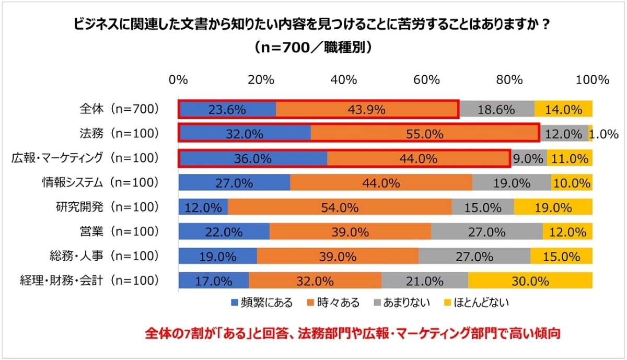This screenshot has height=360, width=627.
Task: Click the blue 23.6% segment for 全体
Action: click(227, 110)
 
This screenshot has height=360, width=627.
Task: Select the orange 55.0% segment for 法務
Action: click(425, 134)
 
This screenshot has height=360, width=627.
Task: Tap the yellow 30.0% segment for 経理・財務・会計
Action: click(530, 281)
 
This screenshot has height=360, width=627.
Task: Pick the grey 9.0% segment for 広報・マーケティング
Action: click(528, 158)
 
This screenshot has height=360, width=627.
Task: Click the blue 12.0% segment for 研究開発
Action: click(203, 207)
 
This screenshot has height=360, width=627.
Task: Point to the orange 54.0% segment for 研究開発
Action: click(340, 207)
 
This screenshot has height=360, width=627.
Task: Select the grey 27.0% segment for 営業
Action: click(486, 231)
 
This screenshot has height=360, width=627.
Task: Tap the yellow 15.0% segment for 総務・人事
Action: click(561, 256)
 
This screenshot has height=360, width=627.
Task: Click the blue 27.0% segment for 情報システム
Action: click(234, 183)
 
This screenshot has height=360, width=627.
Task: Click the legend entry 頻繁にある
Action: click(262, 302)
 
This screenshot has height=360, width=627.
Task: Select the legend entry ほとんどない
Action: click(474, 302)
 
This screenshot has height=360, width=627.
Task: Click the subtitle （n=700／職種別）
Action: click(313, 47)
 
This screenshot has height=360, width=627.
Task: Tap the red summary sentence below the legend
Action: click(353, 333)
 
